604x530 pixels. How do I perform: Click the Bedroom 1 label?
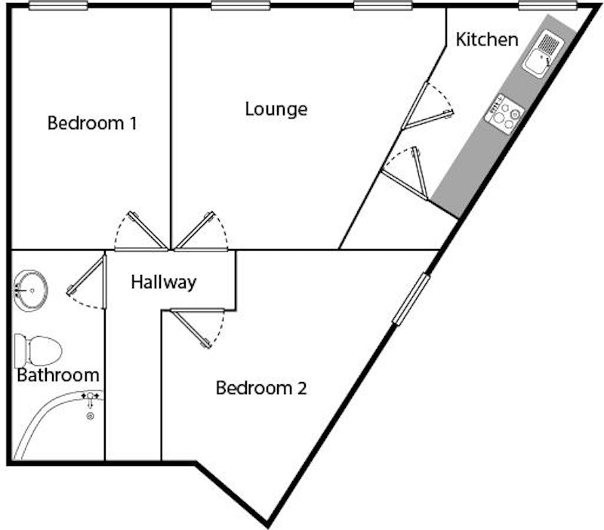[x=92, y=122]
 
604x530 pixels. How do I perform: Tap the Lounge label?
[x=276, y=109]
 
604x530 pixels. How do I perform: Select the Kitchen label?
[x=487, y=39]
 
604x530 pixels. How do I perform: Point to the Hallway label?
[x=163, y=282]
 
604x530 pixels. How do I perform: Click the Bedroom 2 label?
[x=261, y=389]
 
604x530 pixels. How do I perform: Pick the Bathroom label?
[x=58, y=374]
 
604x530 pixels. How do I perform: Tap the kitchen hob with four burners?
[x=505, y=113]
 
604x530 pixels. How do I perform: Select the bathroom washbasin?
[x=30, y=289]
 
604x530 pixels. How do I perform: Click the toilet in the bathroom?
[x=39, y=350]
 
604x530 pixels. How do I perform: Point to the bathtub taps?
[x=91, y=396]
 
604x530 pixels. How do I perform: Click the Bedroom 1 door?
[x=146, y=230]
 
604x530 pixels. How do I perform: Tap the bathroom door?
[x=86, y=276]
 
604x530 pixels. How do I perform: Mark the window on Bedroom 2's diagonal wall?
[x=411, y=300]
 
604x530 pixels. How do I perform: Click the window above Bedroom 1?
[x=58, y=6]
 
